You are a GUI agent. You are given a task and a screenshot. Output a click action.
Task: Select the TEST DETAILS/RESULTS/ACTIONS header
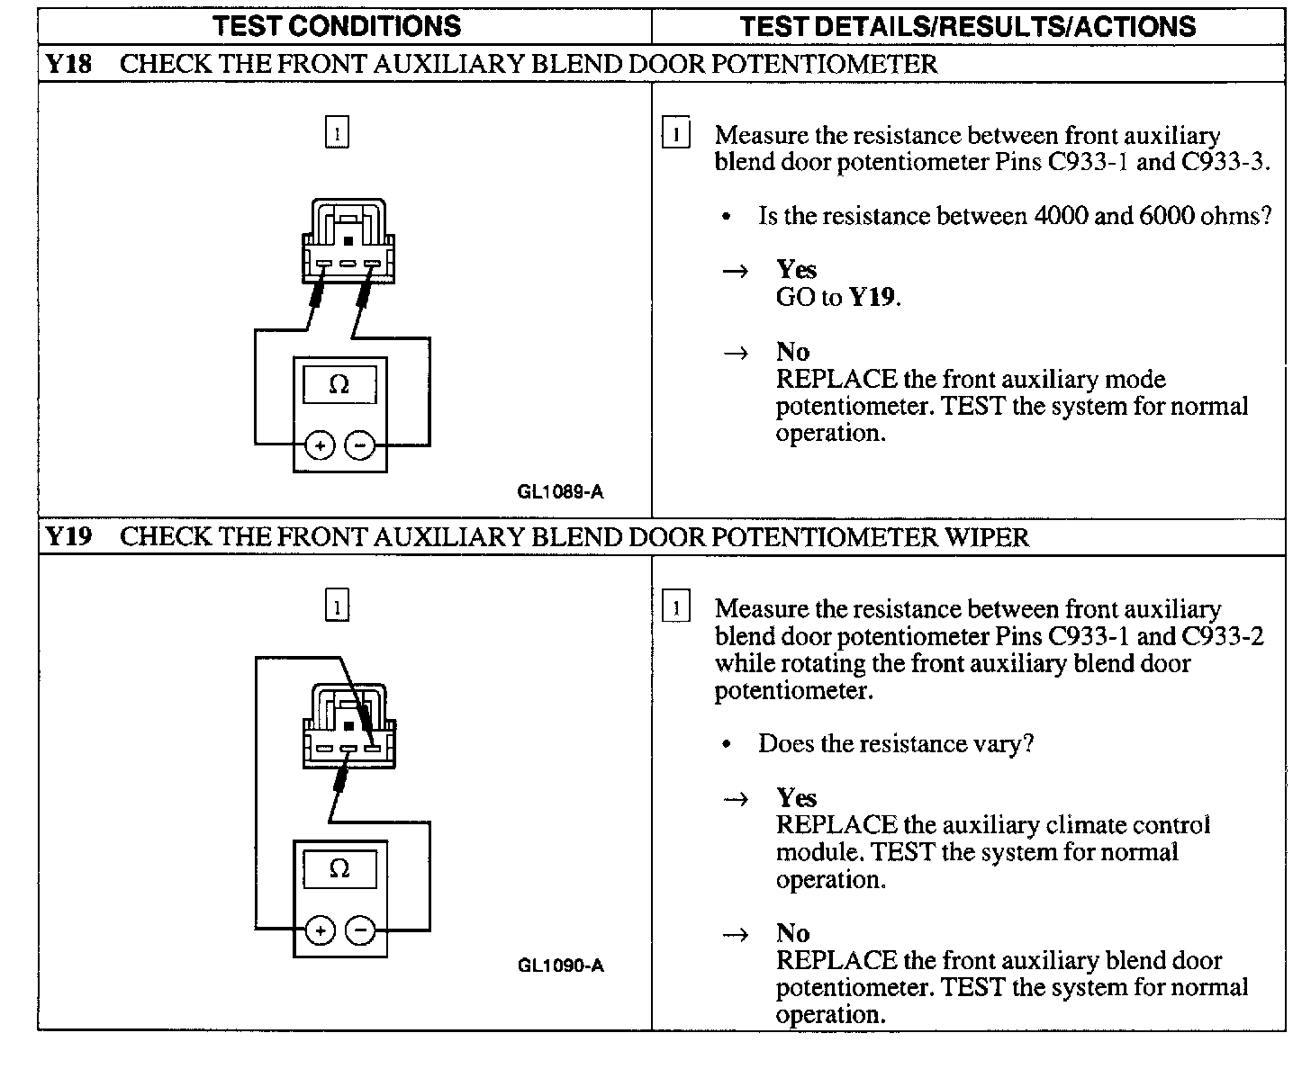coord(967,25)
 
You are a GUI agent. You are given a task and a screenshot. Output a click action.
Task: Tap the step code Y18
coord(68,65)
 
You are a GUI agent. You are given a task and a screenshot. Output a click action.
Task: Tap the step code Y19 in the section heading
coord(68,537)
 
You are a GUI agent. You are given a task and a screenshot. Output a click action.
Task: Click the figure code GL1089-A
coord(560,491)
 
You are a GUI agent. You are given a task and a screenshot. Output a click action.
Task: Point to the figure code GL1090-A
coord(560,966)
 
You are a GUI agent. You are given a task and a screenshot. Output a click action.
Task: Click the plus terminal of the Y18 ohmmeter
coord(320,445)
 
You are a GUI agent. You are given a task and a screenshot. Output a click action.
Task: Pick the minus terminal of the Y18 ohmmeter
coord(360,445)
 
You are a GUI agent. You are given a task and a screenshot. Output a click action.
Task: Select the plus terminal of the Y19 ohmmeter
coord(320,930)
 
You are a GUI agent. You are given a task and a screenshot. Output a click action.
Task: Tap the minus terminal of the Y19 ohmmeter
coord(360,930)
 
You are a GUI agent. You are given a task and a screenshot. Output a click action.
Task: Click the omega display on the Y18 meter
coord(339,385)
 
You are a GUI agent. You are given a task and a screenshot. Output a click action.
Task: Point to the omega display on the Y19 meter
coord(339,869)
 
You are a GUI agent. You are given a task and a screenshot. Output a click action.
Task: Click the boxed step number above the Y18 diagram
coord(336,133)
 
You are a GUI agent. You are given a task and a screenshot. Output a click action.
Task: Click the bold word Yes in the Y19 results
coord(797,798)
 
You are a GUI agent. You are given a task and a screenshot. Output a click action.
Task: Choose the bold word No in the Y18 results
coord(793,352)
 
